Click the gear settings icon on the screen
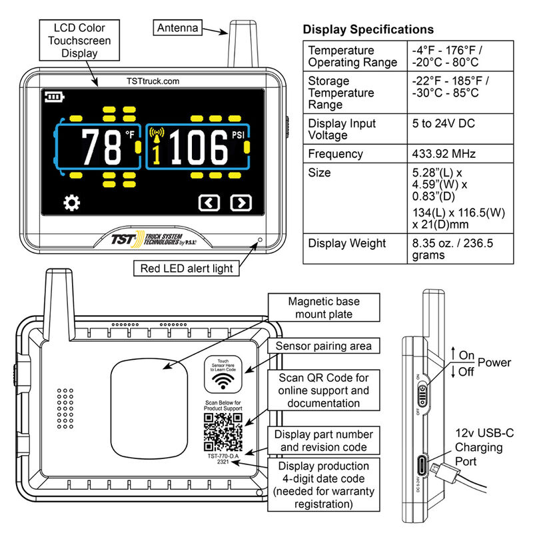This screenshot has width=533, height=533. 71,202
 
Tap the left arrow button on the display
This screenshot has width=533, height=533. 209,203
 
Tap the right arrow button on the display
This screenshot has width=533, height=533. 241,203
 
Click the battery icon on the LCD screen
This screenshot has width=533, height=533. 53,98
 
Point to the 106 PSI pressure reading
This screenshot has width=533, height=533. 197,147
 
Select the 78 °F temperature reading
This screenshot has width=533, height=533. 101,147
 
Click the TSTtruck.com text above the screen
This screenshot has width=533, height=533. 153,81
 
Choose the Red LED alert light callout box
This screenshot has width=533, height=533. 187,268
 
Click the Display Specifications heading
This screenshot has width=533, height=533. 368,30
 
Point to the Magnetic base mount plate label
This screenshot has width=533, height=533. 320,307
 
